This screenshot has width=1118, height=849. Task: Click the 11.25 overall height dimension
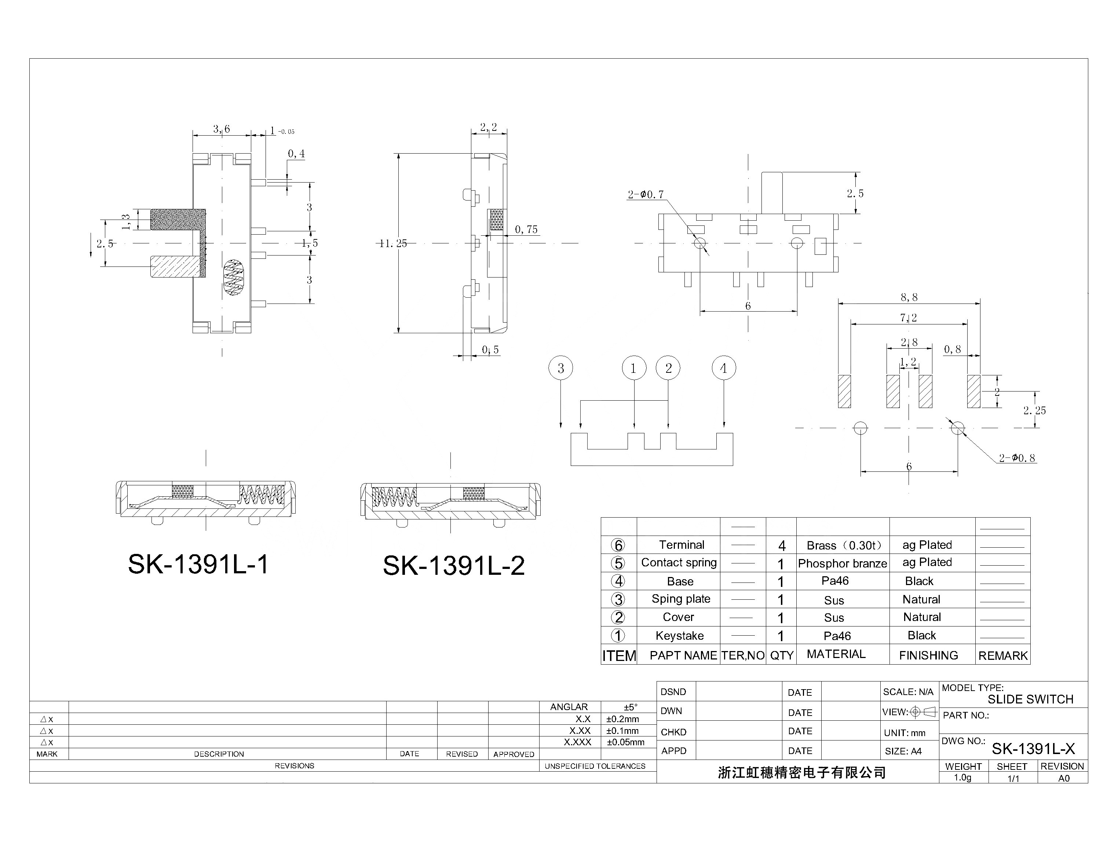tap(393, 243)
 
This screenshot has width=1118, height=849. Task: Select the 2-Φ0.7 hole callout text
tap(646, 195)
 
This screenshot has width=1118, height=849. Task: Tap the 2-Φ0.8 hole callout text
tap(1017, 458)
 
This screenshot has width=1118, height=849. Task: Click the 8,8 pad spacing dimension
tap(909, 297)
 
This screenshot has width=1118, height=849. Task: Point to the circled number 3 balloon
tap(560, 368)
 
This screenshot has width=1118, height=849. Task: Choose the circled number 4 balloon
tap(724, 368)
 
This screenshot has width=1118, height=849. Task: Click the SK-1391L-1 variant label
tap(198, 564)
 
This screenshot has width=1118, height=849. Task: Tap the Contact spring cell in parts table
tap(679, 562)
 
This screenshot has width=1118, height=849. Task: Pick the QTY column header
tap(781, 655)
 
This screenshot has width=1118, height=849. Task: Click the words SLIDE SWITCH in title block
tap(1030, 699)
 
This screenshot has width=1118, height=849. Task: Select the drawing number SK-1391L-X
tap(1033, 749)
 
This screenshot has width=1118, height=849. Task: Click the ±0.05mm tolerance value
tap(625, 742)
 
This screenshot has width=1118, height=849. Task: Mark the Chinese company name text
tap(801, 773)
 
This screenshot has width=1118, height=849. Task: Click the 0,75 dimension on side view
tap(526, 229)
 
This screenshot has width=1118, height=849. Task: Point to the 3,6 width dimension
tap(222, 129)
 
